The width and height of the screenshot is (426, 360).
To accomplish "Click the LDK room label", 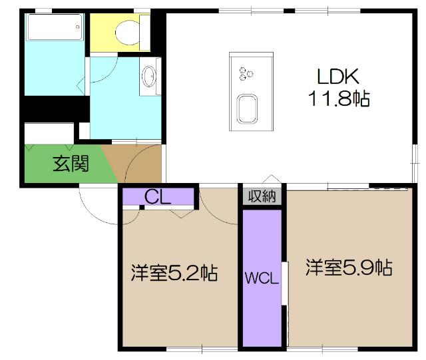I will [337, 75].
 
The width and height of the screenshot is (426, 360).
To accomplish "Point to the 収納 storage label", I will [262, 196].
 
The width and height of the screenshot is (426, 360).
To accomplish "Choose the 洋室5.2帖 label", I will [174, 273].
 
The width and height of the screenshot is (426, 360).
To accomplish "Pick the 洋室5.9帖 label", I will [348, 268].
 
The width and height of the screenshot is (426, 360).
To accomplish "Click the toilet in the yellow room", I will [128, 31].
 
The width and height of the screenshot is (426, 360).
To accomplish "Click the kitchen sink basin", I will [248, 108].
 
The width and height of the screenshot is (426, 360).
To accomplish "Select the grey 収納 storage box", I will [262, 196].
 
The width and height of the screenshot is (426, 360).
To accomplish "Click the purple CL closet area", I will [180, 197].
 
